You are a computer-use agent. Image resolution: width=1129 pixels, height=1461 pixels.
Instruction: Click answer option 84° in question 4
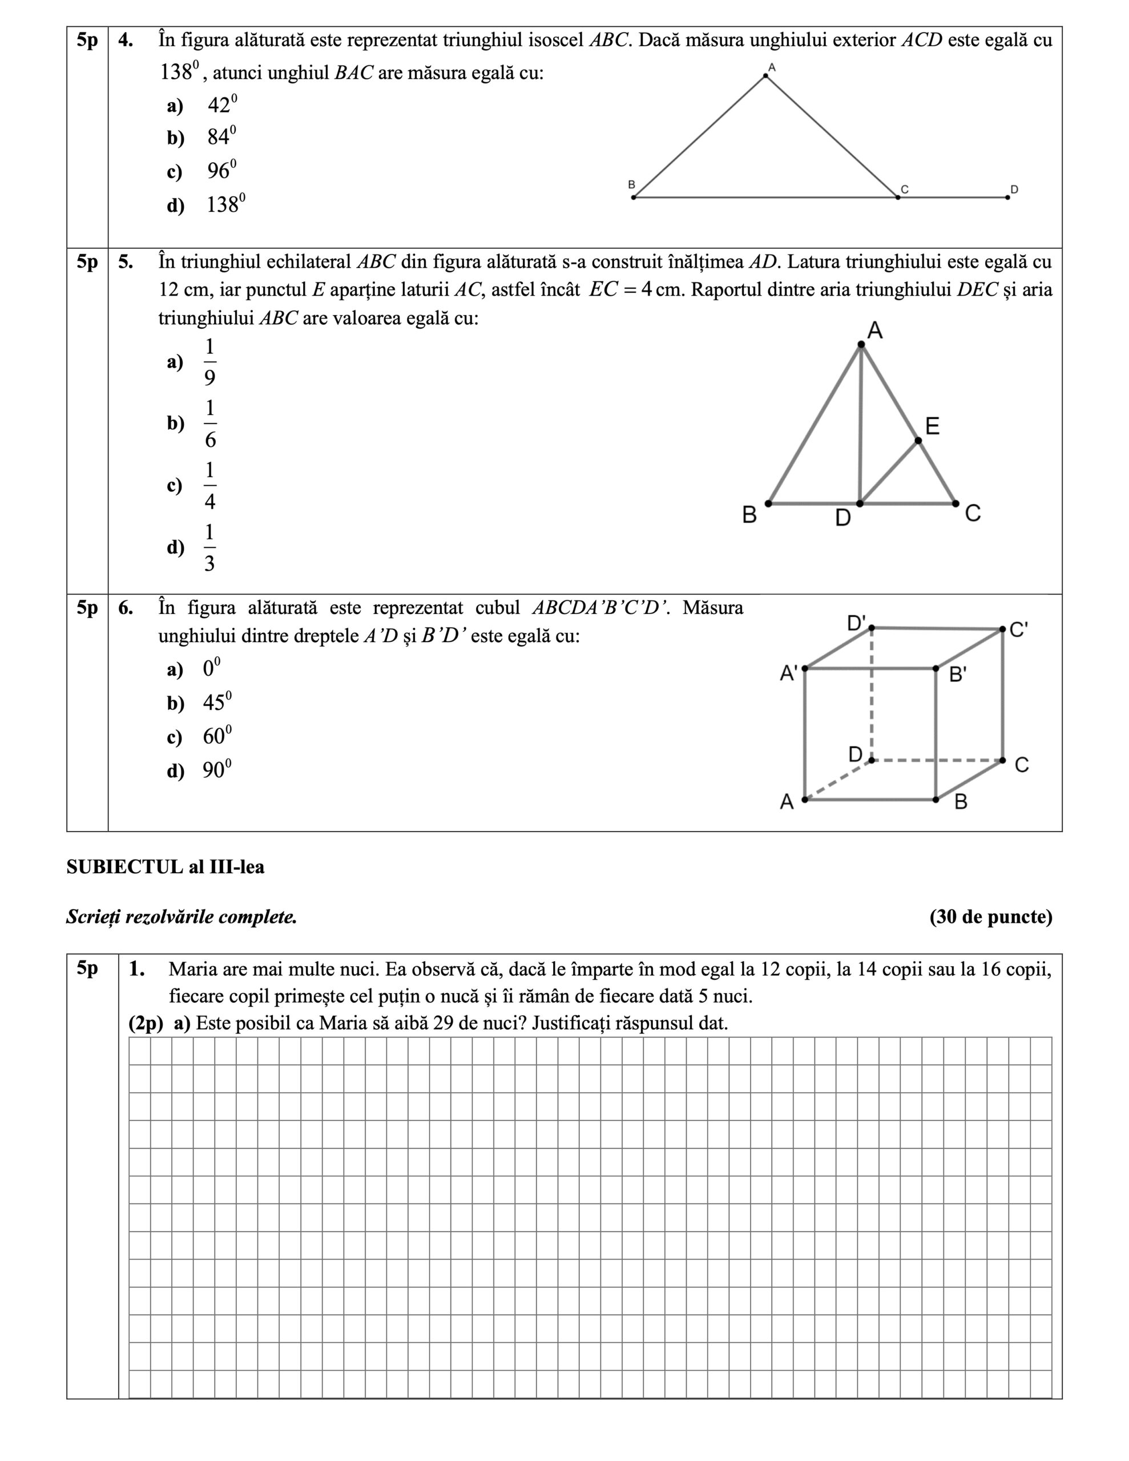click(220, 137)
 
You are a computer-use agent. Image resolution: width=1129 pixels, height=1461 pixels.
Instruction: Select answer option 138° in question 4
click(225, 204)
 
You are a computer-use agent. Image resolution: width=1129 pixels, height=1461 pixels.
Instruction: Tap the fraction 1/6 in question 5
click(210, 423)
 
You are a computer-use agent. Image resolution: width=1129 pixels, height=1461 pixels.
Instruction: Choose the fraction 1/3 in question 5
click(209, 548)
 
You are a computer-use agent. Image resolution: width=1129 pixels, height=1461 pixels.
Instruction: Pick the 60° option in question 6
click(217, 737)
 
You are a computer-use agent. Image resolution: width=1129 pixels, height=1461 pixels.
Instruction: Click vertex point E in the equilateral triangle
click(918, 440)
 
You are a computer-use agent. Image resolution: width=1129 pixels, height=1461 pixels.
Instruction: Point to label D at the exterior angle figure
click(1014, 190)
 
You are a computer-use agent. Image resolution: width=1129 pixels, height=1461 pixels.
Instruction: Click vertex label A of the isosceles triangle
click(772, 67)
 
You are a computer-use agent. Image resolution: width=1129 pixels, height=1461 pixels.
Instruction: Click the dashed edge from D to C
click(937, 761)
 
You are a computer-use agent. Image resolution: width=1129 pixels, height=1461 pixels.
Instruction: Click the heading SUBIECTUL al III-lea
click(166, 867)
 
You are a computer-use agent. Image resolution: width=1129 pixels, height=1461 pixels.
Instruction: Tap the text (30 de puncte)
click(990, 917)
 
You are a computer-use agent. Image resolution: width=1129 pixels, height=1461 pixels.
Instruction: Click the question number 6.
click(126, 608)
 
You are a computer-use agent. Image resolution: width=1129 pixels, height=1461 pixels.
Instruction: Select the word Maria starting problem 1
click(194, 969)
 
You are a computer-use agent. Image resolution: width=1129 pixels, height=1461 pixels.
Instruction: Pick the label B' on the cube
click(958, 675)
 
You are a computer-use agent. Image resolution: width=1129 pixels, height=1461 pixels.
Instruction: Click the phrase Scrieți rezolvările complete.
click(182, 917)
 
